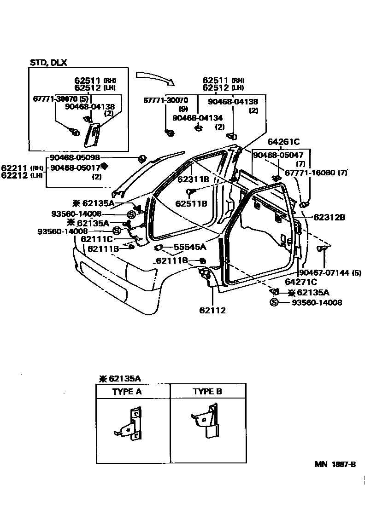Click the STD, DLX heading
pos(48,63)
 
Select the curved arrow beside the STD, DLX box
pos(155,78)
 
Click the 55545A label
pos(190,247)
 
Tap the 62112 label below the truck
pos(212,310)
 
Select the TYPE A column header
pos(127,392)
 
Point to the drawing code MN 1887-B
pos(335,464)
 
